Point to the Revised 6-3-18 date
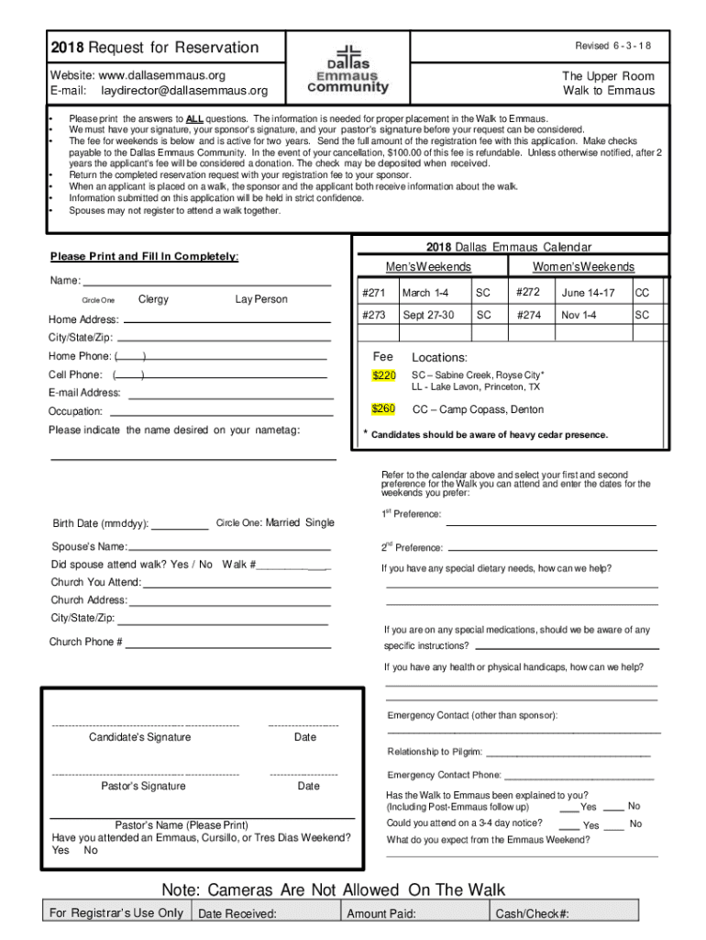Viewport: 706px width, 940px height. click(613, 47)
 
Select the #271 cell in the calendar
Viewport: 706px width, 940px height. click(372, 293)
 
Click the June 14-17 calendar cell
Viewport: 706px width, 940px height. click(588, 293)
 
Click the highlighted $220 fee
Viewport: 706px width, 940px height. click(383, 375)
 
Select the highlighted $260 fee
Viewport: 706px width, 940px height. click(383, 408)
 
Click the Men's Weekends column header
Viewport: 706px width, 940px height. click(428, 267)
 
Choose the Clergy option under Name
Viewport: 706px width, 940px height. click(153, 299)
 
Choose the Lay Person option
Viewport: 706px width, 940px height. click(261, 299)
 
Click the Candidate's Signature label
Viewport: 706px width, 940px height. click(140, 737)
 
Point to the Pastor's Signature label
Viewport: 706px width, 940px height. click(143, 786)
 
